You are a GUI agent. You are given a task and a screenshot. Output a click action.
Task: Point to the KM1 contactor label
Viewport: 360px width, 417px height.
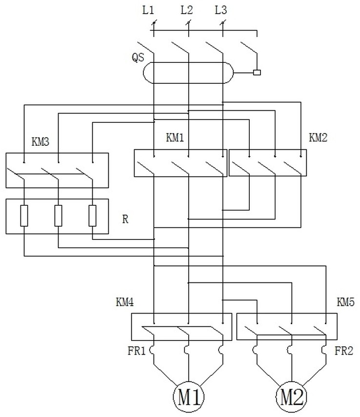[175, 138]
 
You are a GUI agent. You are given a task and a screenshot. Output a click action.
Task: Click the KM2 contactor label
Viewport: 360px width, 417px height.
[318, 138]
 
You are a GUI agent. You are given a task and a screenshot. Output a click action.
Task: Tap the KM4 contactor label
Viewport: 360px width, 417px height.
[125, 303]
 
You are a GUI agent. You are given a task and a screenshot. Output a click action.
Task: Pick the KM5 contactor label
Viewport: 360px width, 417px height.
[346, 303]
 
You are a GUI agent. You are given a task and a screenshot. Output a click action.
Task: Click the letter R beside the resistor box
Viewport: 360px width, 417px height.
[125, 219]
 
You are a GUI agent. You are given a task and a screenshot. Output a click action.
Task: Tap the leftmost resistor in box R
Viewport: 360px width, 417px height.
[24, 216]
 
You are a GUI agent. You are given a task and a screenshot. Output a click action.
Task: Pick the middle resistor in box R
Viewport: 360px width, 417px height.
[58, 216]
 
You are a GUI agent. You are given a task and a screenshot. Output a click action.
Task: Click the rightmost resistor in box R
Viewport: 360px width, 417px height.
[92, 216]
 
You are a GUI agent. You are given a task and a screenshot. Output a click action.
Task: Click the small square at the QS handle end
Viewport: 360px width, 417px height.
[257, 73]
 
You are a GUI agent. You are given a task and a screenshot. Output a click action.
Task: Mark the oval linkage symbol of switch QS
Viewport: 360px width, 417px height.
[188, 73]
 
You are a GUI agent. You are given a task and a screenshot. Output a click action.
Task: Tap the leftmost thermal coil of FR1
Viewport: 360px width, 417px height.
[152, 350]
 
